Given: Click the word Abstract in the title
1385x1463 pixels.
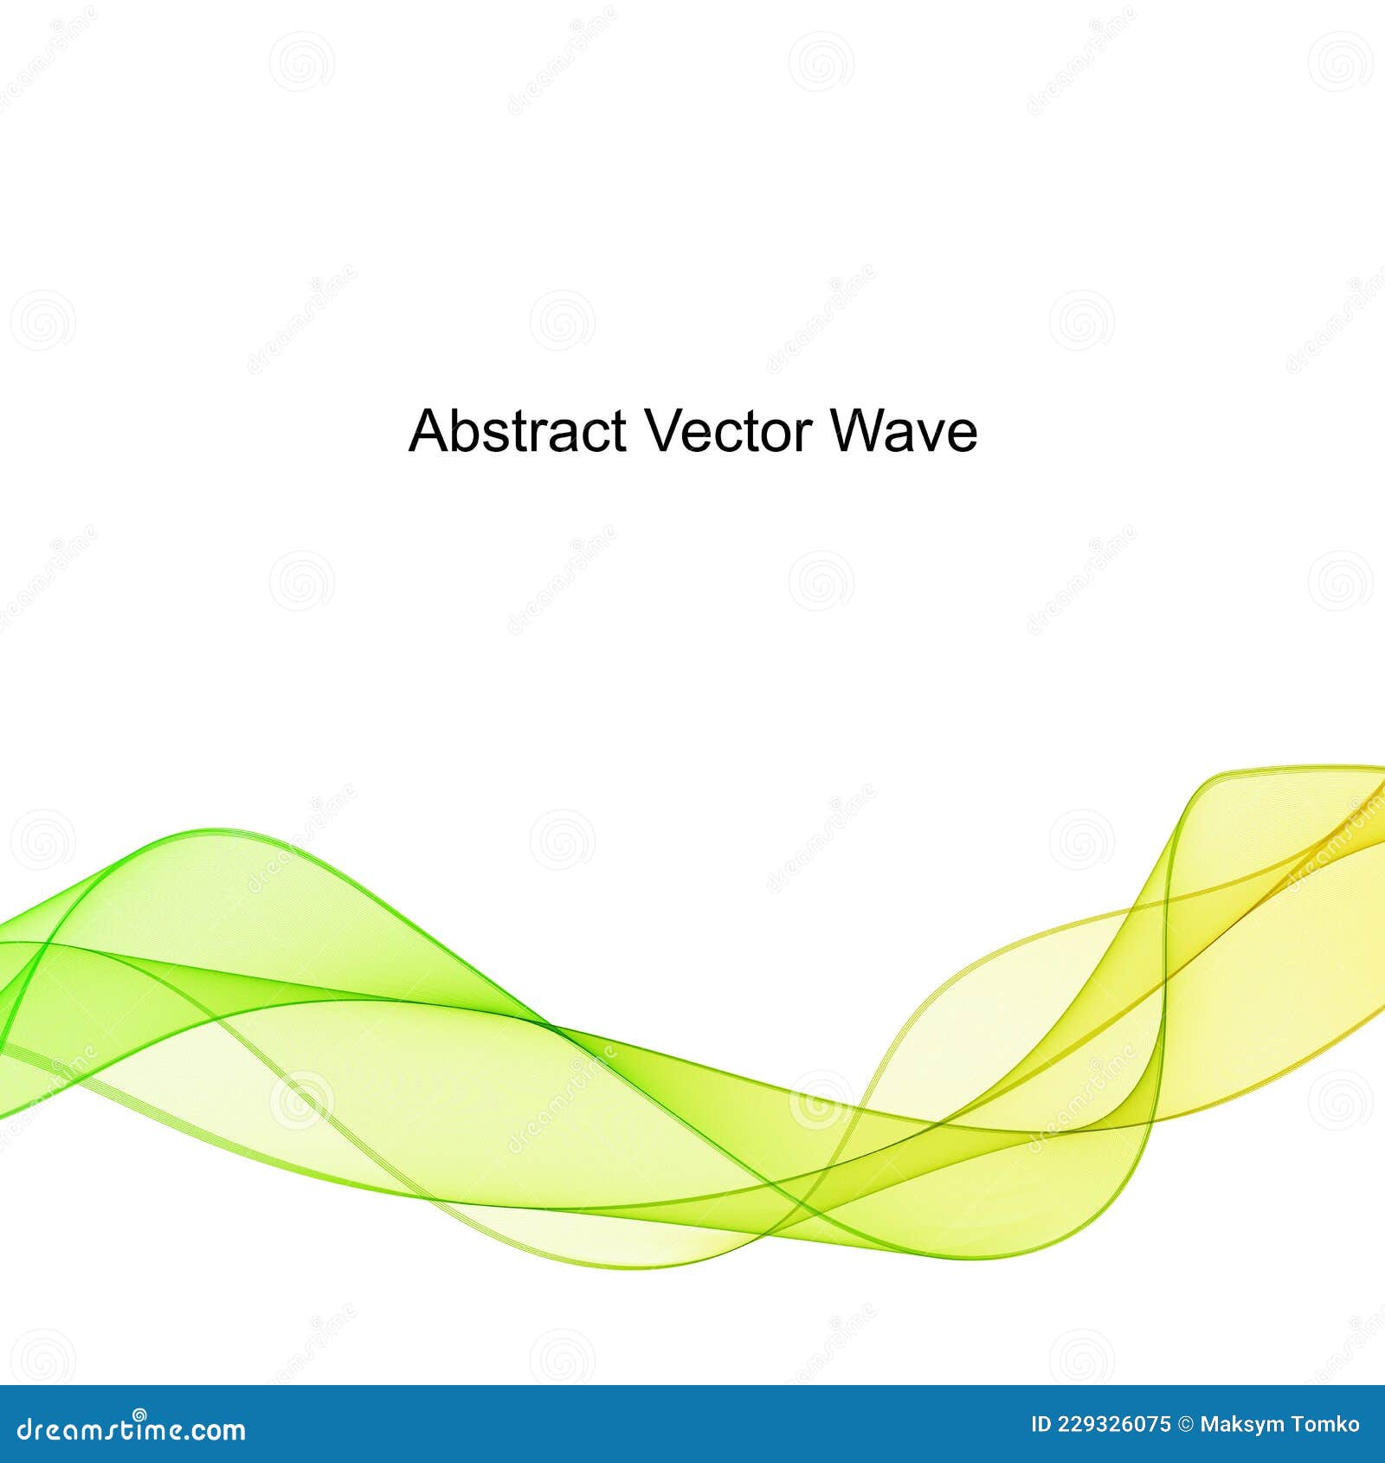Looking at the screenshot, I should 517,430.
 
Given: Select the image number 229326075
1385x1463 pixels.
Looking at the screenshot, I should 1115,1425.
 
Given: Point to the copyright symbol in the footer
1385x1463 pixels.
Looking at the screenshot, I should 1186,1425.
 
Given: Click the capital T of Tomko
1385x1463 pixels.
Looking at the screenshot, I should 1296,1425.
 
